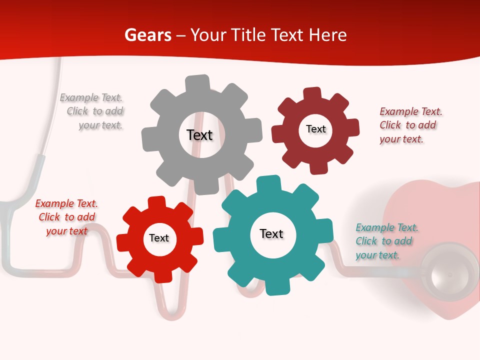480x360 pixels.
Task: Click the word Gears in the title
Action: (147, 35)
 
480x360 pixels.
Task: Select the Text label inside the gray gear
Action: (199, 135)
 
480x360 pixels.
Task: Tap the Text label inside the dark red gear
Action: (315, 129)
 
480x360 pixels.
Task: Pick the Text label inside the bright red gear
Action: (159, 238)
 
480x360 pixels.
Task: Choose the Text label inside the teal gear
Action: (271, 233)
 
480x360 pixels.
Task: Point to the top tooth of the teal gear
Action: (268, 183)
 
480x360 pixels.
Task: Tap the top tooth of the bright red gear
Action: (156, 202)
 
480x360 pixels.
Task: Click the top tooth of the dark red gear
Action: (312, 94)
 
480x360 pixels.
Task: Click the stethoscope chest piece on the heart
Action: (449, 272)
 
